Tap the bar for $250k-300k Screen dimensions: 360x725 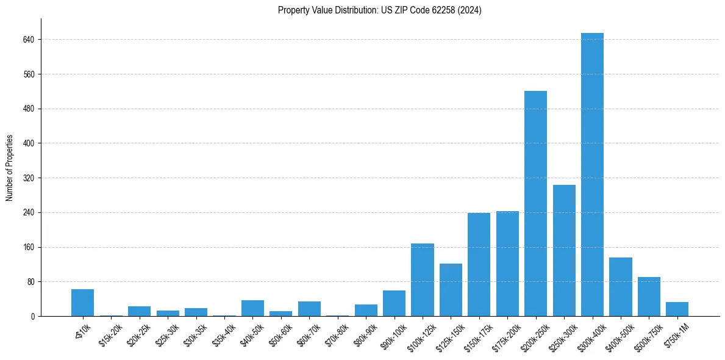[x=564, y=250]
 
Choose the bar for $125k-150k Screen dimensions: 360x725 [x=451, y=290]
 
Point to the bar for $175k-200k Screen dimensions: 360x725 [x=507, y=264]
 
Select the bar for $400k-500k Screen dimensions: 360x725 [x=620, y=287]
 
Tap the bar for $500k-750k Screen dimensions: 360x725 [x=649, y=297]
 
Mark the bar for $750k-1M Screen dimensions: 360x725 [x=677, y=309]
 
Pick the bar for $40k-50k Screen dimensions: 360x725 [x=252, y=308]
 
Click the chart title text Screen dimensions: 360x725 [x=379, y=10]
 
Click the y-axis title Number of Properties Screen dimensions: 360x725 [x=10, y=168]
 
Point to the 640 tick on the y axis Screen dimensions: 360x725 [x=28, y=40]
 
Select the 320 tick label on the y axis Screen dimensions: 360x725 [x=28, y=178]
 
